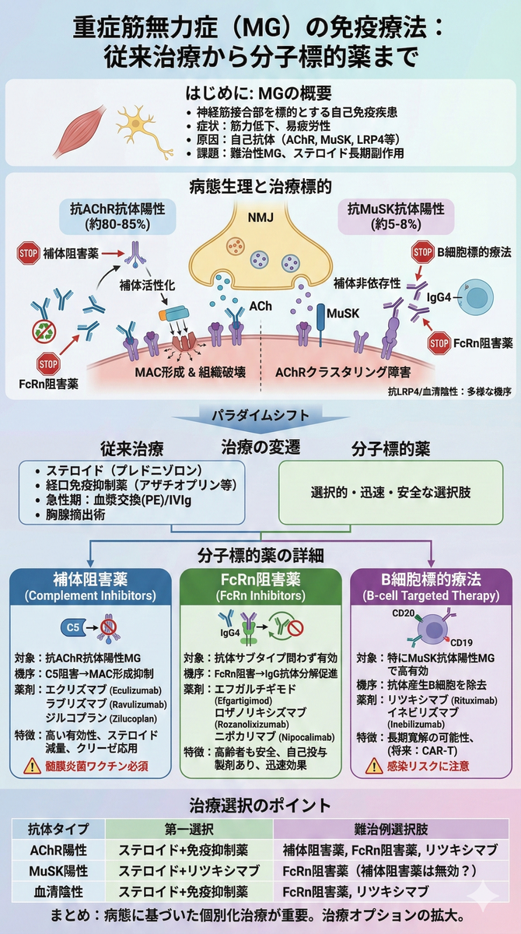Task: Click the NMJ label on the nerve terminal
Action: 260,217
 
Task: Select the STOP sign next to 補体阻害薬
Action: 28,253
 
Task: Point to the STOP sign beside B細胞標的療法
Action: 423,252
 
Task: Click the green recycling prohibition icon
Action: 44,332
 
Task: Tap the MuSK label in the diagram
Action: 343,314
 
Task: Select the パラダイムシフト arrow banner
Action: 260,420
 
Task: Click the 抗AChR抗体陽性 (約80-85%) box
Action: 117,216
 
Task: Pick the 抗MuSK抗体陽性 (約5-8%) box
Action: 396,216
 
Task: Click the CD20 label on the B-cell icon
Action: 403,613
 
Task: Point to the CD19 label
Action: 461,642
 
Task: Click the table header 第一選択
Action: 189,829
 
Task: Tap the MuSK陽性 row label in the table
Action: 58,871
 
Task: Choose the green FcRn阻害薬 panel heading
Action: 260,587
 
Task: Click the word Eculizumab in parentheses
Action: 136,690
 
